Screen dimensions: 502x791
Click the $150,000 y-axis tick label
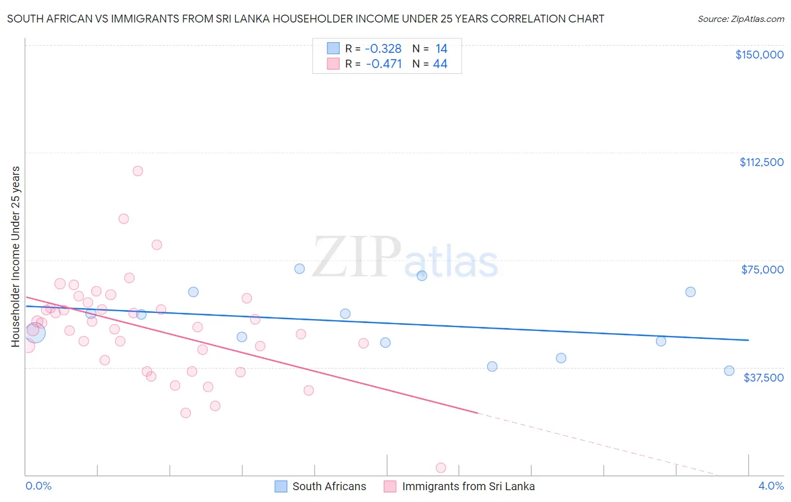click(759, 55)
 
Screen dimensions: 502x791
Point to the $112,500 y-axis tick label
click(761, 162)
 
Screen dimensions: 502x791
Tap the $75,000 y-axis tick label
click(762, 270)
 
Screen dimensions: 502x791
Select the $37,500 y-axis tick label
click(763, 378)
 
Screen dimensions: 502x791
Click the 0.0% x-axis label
click(38, 486)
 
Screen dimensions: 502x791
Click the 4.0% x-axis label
click(771, 486)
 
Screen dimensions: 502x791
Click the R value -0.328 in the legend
click(383, 49)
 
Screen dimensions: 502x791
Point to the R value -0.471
click(384, 64)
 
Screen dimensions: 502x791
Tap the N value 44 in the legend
click(440, 64)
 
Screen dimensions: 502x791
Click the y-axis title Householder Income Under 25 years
click(16, 257)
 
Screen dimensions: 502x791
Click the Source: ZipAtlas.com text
click(740, 19)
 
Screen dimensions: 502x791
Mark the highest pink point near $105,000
click(138, 171)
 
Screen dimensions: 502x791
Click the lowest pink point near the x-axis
click(441, 468)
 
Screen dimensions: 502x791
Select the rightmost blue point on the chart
click(729, 370)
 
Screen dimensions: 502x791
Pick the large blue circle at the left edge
click(35, 333)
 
